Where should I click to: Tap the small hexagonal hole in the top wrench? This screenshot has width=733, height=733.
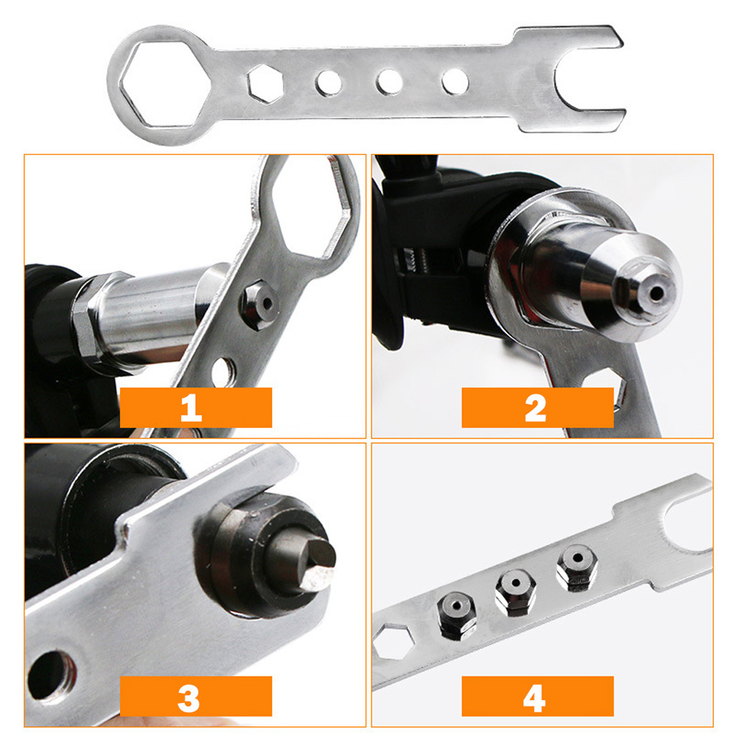265,83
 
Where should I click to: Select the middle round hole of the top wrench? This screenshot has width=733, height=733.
388,81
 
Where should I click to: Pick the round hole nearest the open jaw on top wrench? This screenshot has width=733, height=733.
454,81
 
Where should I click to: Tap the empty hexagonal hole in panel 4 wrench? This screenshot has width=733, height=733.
394,642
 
